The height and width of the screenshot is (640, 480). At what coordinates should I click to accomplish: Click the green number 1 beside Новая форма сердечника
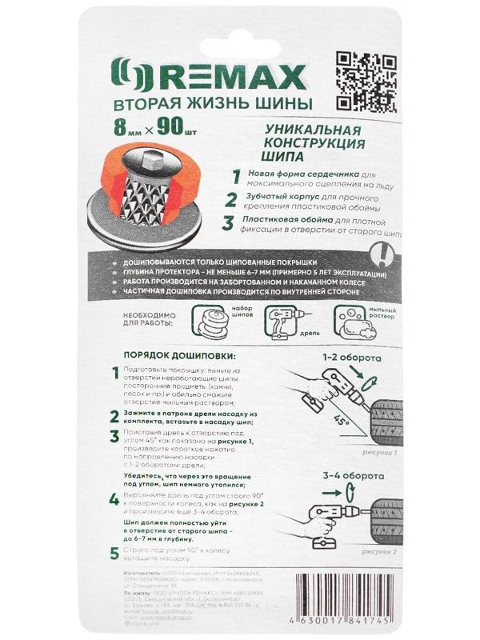[235, 177]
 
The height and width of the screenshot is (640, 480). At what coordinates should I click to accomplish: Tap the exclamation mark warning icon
[387, 256]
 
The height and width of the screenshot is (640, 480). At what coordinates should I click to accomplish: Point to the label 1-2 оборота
[351, 358]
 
